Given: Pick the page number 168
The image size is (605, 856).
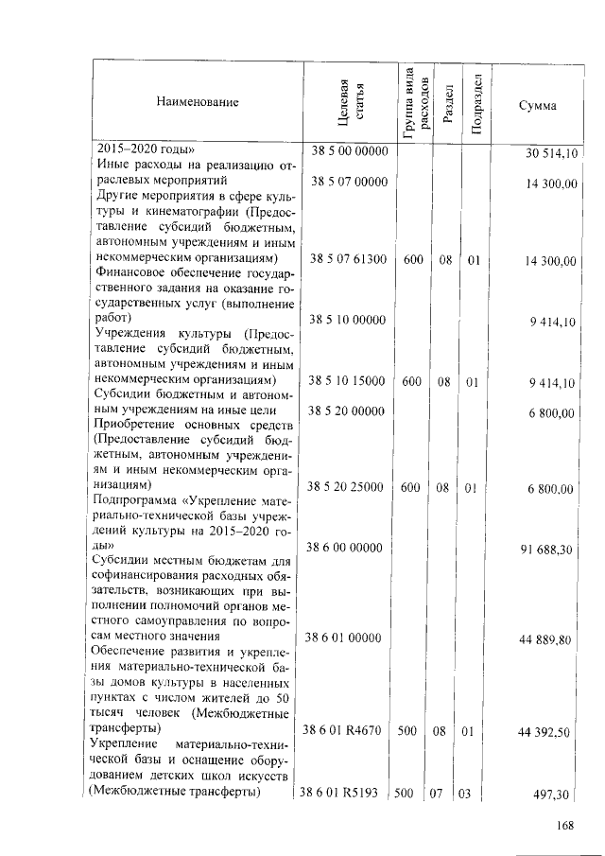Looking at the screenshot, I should coord(565,826).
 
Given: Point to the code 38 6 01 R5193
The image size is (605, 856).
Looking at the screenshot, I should coord(344,793).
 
